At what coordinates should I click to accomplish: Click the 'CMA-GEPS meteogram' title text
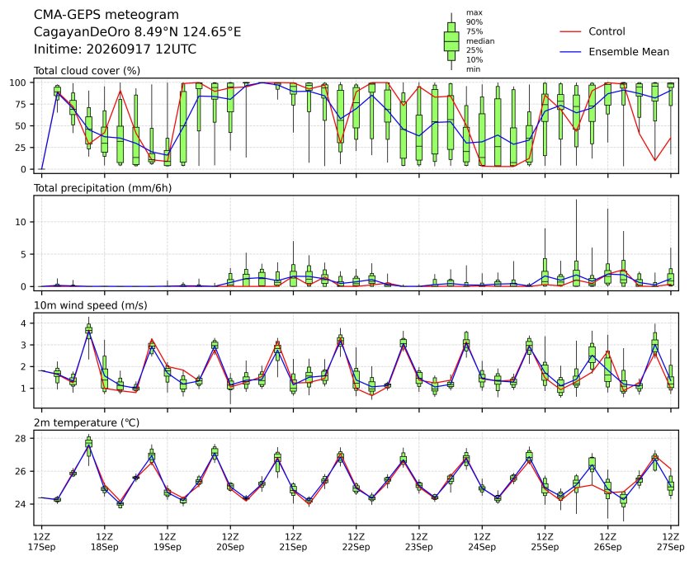[x=106, y=15]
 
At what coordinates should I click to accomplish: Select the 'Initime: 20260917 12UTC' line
[x=115, y=49]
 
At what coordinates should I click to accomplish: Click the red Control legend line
[x=570, y=32]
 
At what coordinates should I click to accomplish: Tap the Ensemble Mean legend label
[x=629, y=52]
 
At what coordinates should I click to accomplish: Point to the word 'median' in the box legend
[x=480, y=40]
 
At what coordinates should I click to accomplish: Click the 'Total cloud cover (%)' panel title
[x=87, y=71]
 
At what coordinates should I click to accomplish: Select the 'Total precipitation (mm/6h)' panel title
[x=102, y=188]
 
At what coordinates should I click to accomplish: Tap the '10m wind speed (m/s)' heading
[x=90, y=305]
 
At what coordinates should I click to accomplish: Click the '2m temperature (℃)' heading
[x=87, y=423]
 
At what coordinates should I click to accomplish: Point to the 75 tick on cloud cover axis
[x=21, y=104]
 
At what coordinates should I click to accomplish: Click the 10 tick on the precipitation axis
[x=21, y=222]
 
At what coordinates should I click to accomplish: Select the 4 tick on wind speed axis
[x=24, y=323]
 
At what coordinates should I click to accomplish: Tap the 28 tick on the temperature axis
[x=21, y=438]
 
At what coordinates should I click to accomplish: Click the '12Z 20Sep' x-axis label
[x=230, y=542]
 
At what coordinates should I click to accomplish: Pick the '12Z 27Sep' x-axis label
[x=671, y=542]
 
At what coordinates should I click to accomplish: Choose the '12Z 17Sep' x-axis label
[x=41, y=542]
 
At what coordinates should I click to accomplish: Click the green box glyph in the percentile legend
[x=451, y=41]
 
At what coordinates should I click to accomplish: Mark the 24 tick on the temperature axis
[x=21, y=504]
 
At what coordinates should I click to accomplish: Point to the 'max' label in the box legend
[x=474, y=13]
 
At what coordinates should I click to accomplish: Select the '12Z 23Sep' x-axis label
[x=418, y=542]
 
